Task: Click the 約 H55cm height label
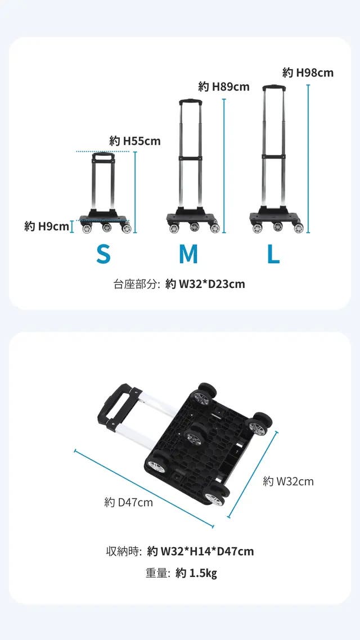click(x=135, y=141)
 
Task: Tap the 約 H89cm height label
click(x=224, y=87)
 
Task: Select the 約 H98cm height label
click(x=308, y=73)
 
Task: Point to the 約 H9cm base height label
click(x=47, y=226)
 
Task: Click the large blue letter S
click(x=103, y=254)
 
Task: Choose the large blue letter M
click(x=188, y=254)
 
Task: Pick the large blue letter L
click(x=273, y=254)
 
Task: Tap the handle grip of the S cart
click(x=103, y=156)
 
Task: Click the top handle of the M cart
click(x=190, y=102)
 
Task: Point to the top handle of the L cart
click(x=274, y=87)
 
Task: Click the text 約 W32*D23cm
click(x=205, y=284)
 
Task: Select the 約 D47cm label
click(x=129, y=502)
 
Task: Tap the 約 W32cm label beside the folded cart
click(x=288, y=481)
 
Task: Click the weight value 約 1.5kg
click(x=196, y=574)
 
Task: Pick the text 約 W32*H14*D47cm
click(x=200, y=552)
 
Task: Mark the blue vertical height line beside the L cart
click(x=308, y=159)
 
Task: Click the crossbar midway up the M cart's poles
click(x=190, y=158)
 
